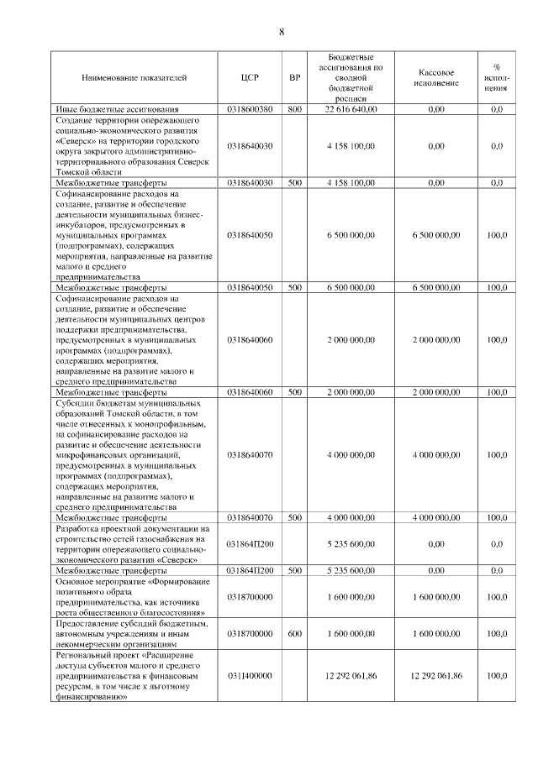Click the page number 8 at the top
(x=282, y=32)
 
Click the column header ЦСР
(x=250, y=77)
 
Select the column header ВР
(x=294, y=77)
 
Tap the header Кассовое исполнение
(x=435, y=77)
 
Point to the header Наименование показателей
(x=134, y=77)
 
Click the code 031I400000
(x=250, y=675)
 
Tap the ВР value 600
(x=294, y=633)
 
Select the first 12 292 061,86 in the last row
(x=351, y=675)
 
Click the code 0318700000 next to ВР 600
(x=250, y=633)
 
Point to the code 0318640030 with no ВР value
(x=250, y=146)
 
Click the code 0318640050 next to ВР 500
(x=250, y=287)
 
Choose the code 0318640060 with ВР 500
(x=250, y=392)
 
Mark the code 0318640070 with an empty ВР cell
(x=250, y=454)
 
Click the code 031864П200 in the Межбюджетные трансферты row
(x=250, y=570)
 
